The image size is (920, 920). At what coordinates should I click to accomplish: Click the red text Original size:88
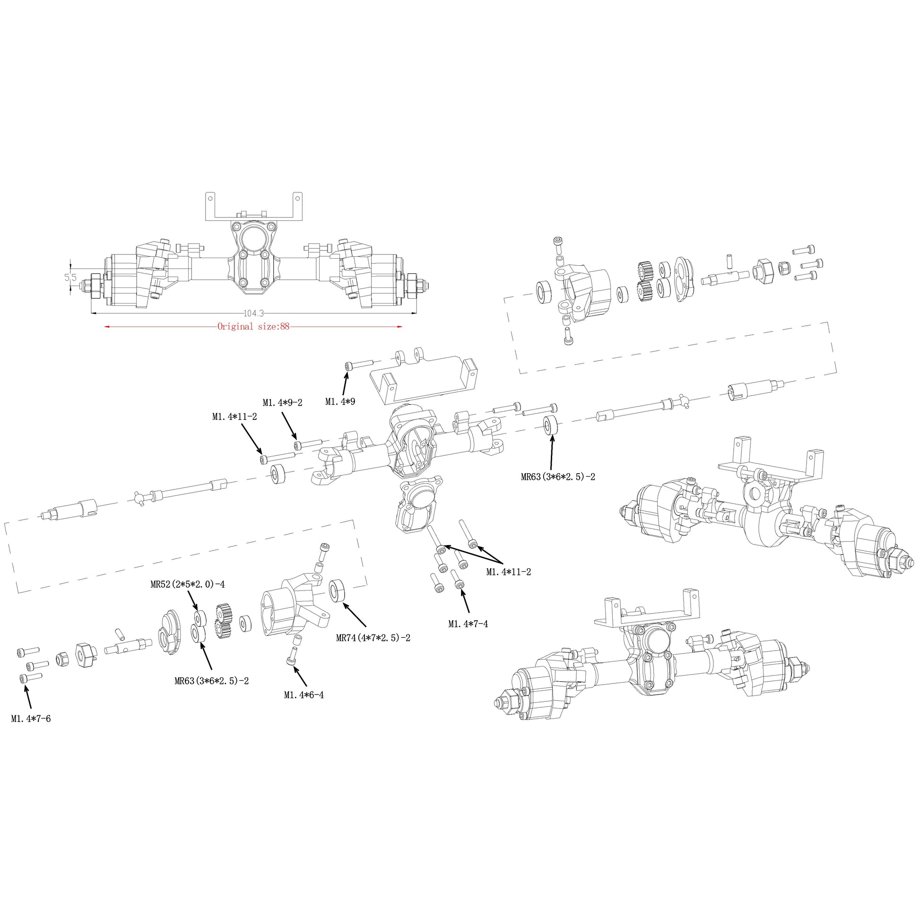pyautogui.click(x=253, y=327)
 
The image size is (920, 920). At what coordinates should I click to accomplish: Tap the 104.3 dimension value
pyautogui.click(x=253, y=313)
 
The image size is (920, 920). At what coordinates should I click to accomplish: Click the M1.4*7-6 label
pyautogui.click(x=31, y=719)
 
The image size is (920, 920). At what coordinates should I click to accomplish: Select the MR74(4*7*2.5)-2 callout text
pyautogui.click(x=373, y=638)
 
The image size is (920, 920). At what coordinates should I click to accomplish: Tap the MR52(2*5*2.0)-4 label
pyautogui.click(x=188, y=584)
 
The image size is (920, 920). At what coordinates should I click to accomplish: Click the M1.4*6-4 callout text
pyautogui.click(x=304, y=695)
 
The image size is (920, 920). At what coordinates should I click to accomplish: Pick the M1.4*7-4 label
pyautogui.click(x=468, y=624)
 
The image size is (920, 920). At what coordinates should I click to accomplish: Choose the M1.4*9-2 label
pyautogui.click(x=282, y=403)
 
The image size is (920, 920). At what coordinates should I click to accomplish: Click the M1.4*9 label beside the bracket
pyautogui.click(x=340, y=402)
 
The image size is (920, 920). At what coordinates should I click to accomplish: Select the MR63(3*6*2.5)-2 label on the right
pyautogui.click(x=558, y=477)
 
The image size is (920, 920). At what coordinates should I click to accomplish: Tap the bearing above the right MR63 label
pyautogui.click(x=551, y=425)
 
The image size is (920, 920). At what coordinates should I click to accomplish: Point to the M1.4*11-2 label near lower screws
pyautogui.click(x=509, y=572)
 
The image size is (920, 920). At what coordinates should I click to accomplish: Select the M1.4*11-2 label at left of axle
pyautogui.click(x=234, y=417)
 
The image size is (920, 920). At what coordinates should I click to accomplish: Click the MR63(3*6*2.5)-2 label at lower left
pyautogui.click(x=211, y=681)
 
